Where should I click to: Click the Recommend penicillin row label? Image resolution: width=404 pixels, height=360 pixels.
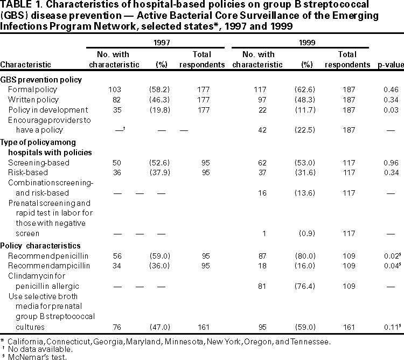(x=47, y=255)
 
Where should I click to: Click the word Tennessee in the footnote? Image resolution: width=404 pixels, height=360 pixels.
(x=309, y=341)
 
